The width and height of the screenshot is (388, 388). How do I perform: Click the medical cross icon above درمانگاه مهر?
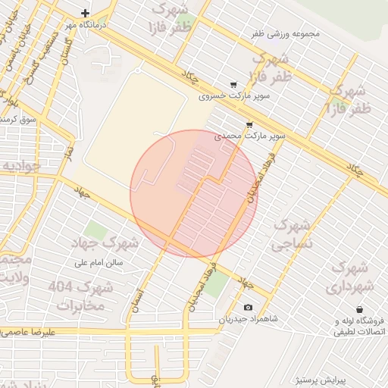pyautogui.click(x=85, y=13)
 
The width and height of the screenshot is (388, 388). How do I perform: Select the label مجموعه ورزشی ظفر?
pyautogui.click(x=286, y=34)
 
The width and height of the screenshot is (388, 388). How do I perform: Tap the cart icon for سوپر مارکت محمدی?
pyautogui.click(x=249, y=124)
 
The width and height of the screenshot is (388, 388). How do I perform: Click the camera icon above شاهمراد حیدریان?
pyautogui.click(x=249, y=307)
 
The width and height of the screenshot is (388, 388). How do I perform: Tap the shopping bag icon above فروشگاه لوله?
pyautogui.click(x=359, y=309)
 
